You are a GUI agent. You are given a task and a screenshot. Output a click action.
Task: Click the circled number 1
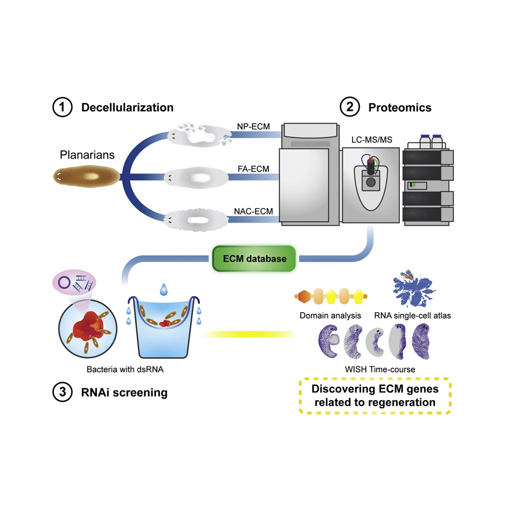coord(62,107)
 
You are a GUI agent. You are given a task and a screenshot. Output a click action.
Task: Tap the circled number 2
coord(350,107)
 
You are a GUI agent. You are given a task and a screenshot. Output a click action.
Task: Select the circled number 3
coord(62,392)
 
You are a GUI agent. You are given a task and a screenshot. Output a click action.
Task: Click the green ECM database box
coord(254,259)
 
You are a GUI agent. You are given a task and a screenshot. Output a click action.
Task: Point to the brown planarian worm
coord(87,176)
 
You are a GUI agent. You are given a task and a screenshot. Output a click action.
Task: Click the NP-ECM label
coord(253,126)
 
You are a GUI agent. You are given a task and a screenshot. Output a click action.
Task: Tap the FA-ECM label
coord(253,169)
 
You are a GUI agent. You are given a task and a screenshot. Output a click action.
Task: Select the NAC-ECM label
coord(253,211)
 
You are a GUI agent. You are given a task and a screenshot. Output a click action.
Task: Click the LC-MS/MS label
coord(372,140)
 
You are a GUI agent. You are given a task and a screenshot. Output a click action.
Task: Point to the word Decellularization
coord(127,108)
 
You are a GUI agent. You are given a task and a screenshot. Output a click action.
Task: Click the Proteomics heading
coord(400,108)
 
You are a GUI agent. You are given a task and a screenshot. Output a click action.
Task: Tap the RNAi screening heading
coord(124,392)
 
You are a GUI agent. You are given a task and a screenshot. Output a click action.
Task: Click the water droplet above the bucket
coord(164,289)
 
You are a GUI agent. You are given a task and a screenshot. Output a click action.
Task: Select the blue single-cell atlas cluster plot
coord(414,288)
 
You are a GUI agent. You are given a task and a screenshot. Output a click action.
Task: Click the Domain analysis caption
coord(330,316)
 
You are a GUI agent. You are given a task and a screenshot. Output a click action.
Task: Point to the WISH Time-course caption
coord(380,369)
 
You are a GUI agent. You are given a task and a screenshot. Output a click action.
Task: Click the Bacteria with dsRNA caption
coord(125,369)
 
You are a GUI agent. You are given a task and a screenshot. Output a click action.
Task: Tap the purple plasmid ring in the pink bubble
coord(64,283)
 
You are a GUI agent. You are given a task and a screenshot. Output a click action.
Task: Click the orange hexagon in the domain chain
coord(303,297)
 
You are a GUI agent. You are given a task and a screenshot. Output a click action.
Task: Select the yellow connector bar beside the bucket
coord(249,334)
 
